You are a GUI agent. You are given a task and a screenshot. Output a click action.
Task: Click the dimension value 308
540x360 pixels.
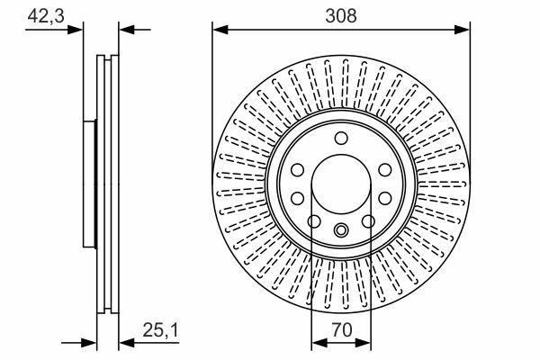(341, 16)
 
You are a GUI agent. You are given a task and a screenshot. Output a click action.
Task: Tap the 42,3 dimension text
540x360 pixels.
(46, 16)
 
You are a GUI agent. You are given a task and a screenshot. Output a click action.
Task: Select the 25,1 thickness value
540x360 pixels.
(161, 330)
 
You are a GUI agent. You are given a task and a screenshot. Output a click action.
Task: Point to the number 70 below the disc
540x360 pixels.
(341, 329)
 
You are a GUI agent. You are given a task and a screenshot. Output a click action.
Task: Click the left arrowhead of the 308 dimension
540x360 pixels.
(220, 30)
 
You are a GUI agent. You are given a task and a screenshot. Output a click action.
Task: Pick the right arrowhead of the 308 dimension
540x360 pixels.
(463, 30)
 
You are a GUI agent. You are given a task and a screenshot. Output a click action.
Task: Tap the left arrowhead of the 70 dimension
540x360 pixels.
(319, 343)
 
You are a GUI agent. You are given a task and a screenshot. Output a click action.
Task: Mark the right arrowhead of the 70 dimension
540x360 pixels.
(364, 343)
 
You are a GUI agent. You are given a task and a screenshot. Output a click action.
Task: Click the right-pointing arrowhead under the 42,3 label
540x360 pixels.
(76, 30)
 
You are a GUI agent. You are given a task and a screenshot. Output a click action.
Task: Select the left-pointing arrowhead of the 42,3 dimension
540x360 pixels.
(126, 30)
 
